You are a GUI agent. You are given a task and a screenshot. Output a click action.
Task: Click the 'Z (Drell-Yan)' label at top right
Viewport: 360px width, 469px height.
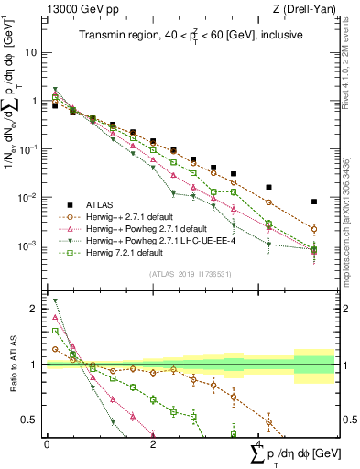308,9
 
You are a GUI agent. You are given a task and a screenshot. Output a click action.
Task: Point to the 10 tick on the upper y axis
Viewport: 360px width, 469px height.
32,52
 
